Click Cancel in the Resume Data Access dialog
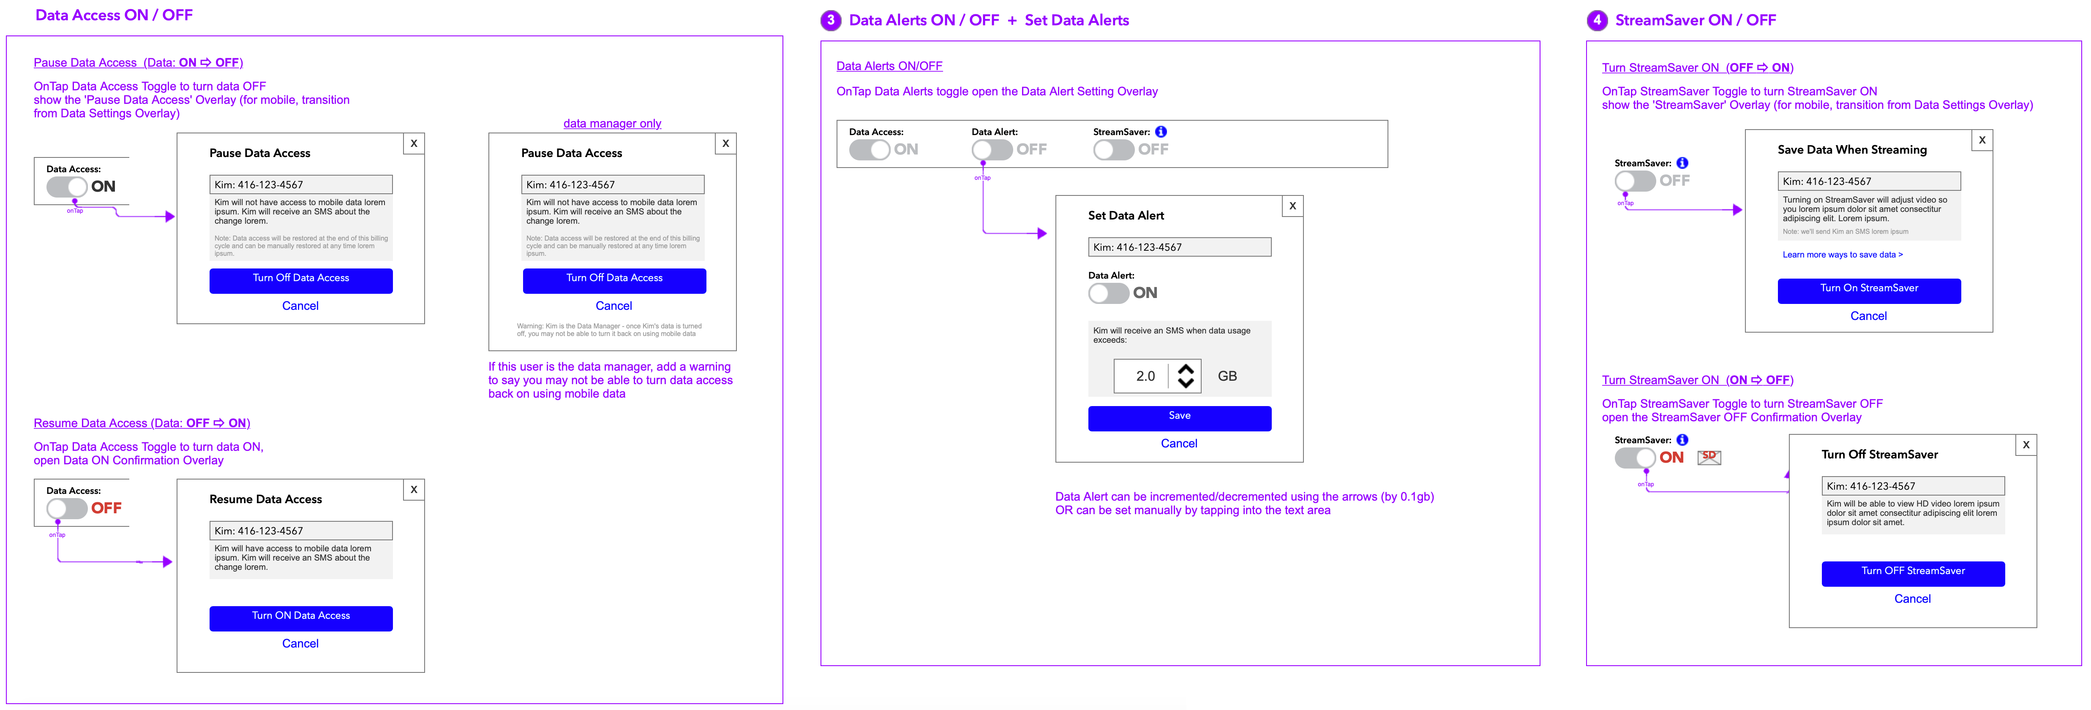tap(300, 643)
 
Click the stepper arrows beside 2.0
tap(1186, 376)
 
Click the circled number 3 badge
tap(830, 20)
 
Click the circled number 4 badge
tap(1597, 20)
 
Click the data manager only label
tap(612, 123)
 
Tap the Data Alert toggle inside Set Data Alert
tap(1108, 293)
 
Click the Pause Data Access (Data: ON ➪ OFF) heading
tap(138, 62)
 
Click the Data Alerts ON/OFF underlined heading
tap(889, 66)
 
